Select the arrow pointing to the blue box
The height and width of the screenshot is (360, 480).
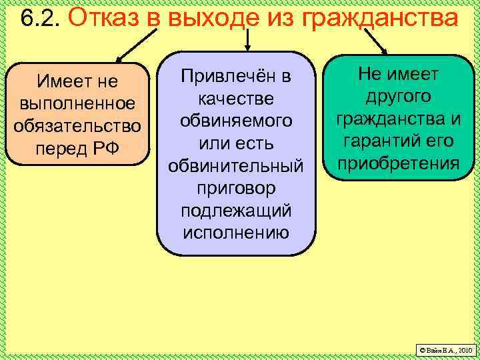point(247,40)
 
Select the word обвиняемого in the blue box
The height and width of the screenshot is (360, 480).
point(237,121)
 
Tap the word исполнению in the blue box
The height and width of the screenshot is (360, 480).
point(237,233)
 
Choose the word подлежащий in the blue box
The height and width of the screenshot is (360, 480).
point(237,211)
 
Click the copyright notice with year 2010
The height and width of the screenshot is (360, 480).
point(444,349)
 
